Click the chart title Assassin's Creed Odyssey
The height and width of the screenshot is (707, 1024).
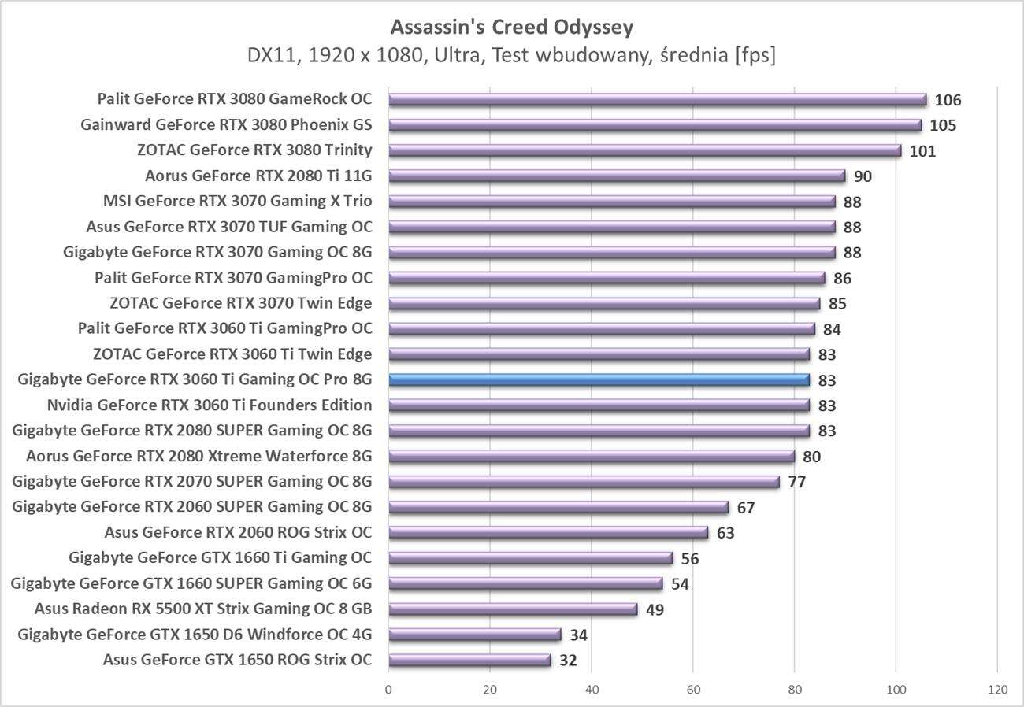512,28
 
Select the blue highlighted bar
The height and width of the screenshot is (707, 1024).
599,379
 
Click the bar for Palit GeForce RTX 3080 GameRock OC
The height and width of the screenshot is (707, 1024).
657,99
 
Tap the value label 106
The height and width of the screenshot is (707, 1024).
948,100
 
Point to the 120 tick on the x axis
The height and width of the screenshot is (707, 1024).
997,690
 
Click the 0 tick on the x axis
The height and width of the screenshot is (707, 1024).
388,690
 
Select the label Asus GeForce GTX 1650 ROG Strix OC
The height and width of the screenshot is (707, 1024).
237,660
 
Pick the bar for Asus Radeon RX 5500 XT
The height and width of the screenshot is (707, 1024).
513,609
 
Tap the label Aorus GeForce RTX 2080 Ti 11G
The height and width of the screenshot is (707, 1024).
258,176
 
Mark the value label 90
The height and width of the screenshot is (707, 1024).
863,176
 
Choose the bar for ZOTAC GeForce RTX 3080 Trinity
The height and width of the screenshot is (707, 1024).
644,150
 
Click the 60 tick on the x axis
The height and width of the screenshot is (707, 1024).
693,690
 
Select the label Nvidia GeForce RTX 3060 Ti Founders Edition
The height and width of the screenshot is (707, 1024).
210,405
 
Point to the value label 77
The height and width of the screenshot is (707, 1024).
796,482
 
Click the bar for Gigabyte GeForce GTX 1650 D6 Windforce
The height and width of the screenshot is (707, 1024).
474,635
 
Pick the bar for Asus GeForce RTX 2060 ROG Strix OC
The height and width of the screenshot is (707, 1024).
548,532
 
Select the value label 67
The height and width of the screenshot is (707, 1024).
745,508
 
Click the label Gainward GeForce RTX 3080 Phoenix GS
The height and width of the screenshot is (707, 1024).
226,124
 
